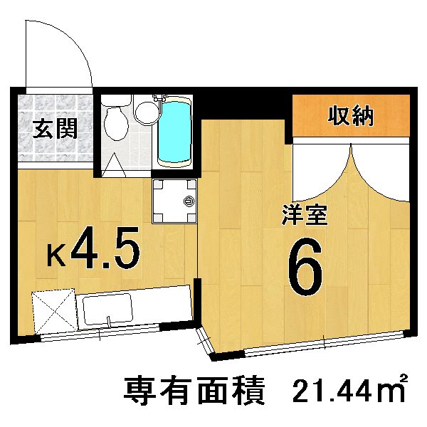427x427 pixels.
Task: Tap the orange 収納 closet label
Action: (351, 115)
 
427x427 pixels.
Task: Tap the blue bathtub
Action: (174, 132)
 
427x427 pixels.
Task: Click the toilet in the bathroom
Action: (115, 121)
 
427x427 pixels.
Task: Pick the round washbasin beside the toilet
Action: (147, 110)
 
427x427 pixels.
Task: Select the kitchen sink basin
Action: (106, 310)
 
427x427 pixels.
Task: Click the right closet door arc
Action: (381, 174)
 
